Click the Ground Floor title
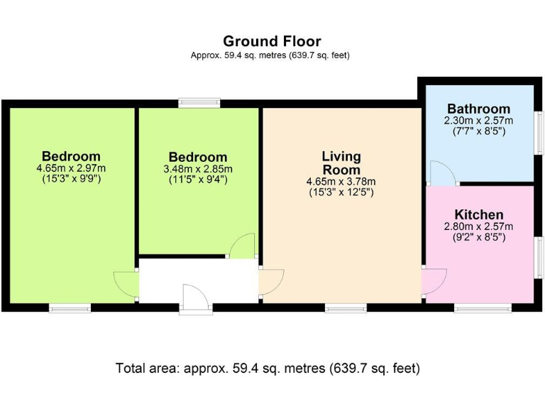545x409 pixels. click(x=272, y=41)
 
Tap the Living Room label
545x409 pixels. click(x=341, y=163)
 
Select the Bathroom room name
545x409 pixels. click(x=478, y=109)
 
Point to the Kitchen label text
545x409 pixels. click(x=479, y=214)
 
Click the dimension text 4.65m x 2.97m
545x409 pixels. click(x=70, y=168)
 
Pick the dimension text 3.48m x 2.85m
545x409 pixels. click(x=198, y=169)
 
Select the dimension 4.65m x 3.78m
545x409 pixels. click(x=341, y=181)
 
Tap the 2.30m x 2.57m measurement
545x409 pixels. click(x=478, y=121)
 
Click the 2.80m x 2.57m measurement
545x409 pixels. click(x=479, y=227)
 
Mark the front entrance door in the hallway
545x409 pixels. click(x=195, y=298)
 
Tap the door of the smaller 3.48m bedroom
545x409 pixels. click(x=243, y=245)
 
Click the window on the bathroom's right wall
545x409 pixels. click(x=539, y=131)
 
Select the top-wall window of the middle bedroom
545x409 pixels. click(x=199, y=103)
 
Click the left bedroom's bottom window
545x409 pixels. click(x=70, y=308)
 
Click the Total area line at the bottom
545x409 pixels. click(x=268, y=369)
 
